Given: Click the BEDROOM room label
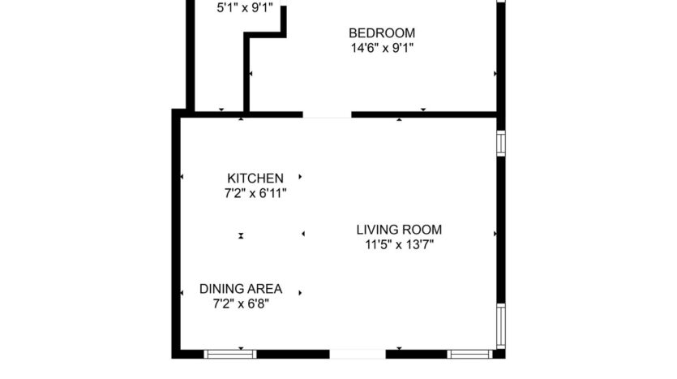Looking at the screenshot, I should point(381,33).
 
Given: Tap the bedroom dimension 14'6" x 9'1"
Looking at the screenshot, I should point(381,48).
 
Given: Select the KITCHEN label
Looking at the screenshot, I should point(255,179).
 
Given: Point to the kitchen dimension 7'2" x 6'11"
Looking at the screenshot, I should point(255,193).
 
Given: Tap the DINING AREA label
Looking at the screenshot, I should point(241,289).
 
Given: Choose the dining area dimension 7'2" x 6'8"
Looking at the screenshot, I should point(241,304).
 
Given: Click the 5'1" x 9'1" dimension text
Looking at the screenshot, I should point(244,9).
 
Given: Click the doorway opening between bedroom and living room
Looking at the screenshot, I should point(327,115).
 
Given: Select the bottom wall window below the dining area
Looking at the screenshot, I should point(229,354).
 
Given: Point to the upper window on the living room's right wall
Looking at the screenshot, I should point(501,143).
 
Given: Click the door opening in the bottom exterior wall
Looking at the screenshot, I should point(358,354).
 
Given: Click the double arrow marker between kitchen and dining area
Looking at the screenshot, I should point(241,235).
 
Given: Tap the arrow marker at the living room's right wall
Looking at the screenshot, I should point(495,235).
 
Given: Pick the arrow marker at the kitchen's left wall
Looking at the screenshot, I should point(182,177).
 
